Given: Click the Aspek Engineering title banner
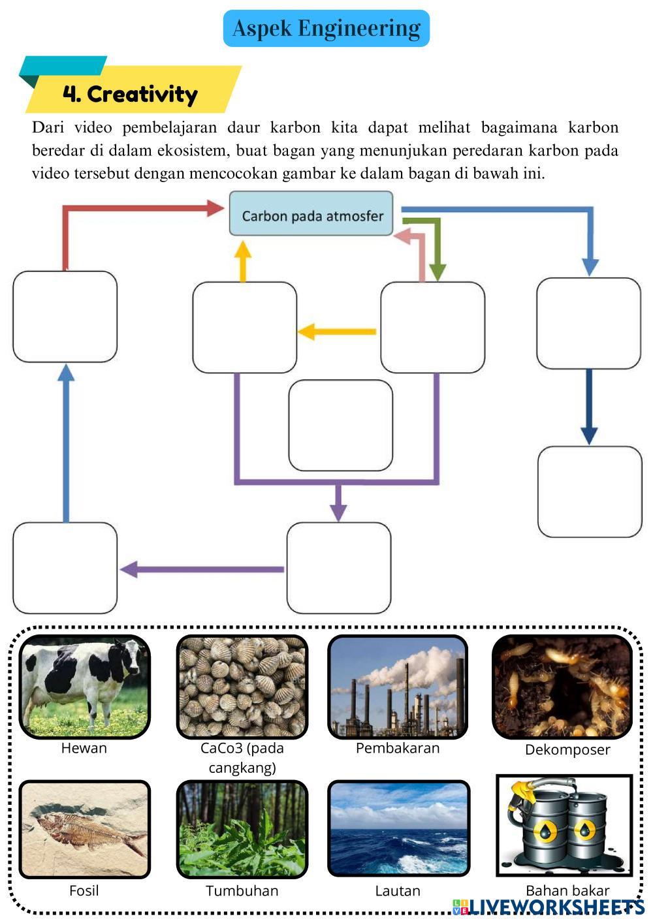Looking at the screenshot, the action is pyautogui.click(x=326, y=28).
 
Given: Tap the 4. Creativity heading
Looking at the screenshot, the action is pyautogui.click(x=130, y=94).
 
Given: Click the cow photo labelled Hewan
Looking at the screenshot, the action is pyautogui.click(x=84, y=686).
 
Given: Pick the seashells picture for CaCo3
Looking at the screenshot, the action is pyautogui.click(x=242, y=686).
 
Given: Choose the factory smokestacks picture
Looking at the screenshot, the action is pyautogui.click(x=398, y=686).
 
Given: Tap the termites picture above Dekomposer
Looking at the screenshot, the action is pyautogui.click(x=562, y=687).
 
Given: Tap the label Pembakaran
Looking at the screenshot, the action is pyautogui.click(x=398, y=748).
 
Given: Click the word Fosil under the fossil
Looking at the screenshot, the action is pyautogui.click(x=84, y=890).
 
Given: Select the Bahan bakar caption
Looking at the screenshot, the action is pyautogui.click(x=567, y=890).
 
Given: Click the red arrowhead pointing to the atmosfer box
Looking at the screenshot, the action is pyautogui.click(x=215, y=208).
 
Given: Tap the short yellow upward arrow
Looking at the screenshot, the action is pyautogui.click(x=243, y=260).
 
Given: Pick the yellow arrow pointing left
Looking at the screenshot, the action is pyautogui.click(x=336, y=332).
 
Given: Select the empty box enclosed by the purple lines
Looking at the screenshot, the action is pyautogui.click(x=340, y=425).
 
